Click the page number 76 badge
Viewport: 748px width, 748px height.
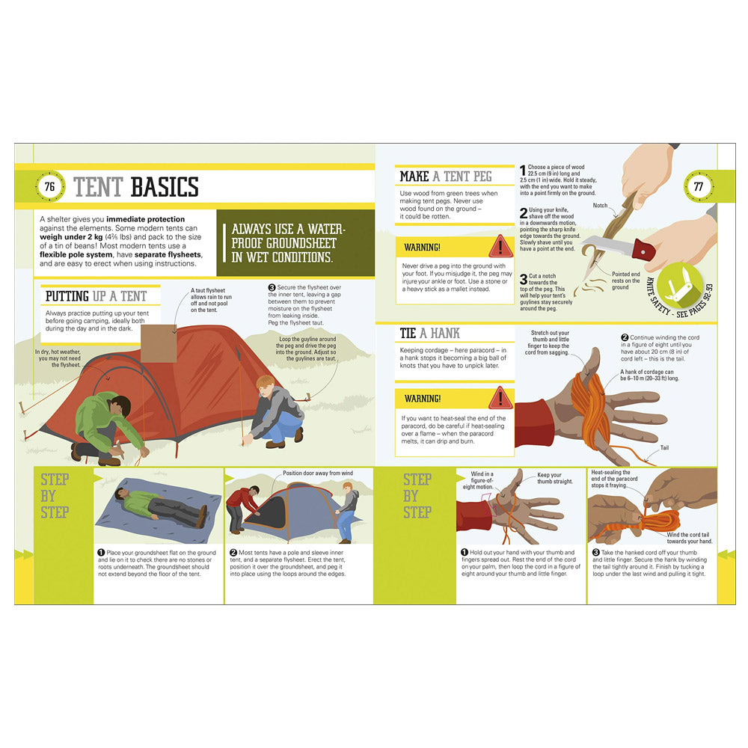point(50,186)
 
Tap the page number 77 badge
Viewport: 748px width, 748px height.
point(699,186)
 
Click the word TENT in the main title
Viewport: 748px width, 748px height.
point(99,186)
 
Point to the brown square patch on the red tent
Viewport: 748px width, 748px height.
point(157,343)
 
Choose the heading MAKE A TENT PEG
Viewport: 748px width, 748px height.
point(446,177)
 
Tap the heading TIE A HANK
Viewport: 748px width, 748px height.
point(429,333)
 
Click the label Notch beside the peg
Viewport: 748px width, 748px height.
point(600,205)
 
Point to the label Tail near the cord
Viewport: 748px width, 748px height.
point(665,448)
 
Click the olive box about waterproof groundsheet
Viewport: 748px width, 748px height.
point(295,243)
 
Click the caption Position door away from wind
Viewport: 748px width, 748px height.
point(317,473)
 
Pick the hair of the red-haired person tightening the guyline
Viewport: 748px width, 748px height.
point(266,382)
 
